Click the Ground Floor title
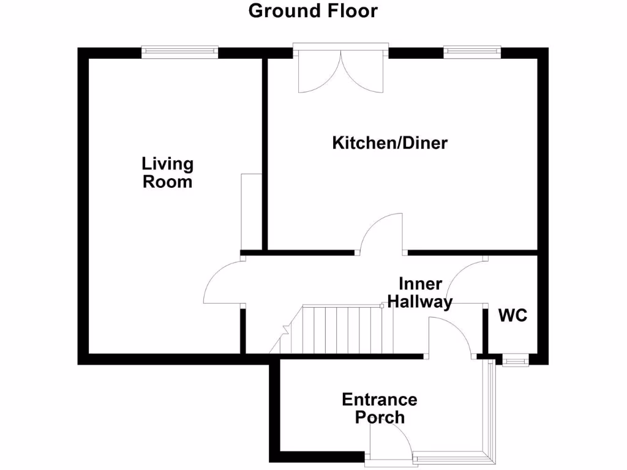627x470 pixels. tap(313, 11)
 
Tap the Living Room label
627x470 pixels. tap(167, 173)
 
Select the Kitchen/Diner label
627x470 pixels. tap(390, 143)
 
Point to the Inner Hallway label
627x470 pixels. tap(420, 293)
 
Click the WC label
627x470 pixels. tap(512, 316)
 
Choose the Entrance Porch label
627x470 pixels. tap(379, 408)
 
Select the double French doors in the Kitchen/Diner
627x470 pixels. tap(340, 70)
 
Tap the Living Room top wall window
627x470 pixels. tap(179, 51)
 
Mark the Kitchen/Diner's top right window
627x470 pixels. tap(472, 51)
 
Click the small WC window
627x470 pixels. tap(514, 362)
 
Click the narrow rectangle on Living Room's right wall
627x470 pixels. tap(252, 211)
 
